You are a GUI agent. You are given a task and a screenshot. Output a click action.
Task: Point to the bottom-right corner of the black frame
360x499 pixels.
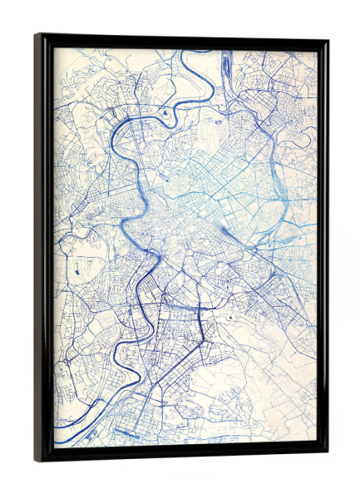327,455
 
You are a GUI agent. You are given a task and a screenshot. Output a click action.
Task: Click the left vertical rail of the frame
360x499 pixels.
44,249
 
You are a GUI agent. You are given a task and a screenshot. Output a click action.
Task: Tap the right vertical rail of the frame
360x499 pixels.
323,249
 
